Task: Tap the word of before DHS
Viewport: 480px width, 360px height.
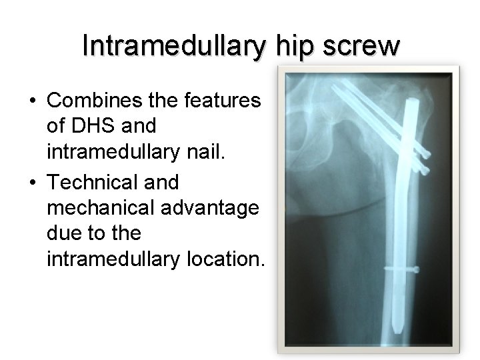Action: click(56, 124)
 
